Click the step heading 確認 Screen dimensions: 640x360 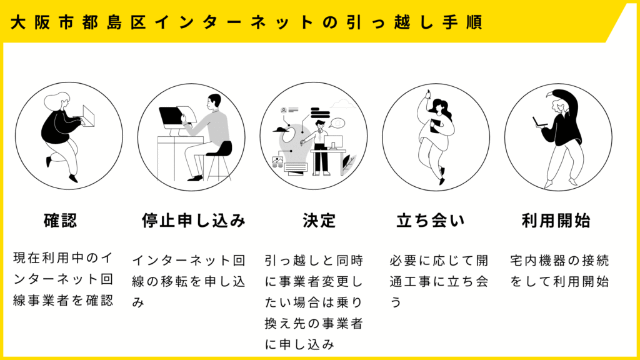pos(60,221)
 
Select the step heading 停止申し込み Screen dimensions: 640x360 pos(194,221)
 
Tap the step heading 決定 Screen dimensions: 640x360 pos(319,221)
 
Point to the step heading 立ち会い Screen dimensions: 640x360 pos(431,221)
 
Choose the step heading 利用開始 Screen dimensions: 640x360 pos(556,221)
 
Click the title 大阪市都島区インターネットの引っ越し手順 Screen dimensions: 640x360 pos(246,22)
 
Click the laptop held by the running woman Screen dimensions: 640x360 pos(89,116)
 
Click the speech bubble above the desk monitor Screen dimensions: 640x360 pos(337,123)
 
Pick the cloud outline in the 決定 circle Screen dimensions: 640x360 pos(343,104)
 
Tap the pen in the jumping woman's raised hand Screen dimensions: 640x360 pos(428,94)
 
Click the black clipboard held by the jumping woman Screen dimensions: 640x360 pos(435,126)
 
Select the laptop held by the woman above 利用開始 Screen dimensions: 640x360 pos(539,122)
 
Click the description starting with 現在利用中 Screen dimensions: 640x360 pos(63,279)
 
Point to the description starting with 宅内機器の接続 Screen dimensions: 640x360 pos(559,271)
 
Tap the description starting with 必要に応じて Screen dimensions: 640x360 pos(439,282)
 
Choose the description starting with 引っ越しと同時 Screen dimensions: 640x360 pos(314,302)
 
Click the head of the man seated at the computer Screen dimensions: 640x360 pos(214,102)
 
